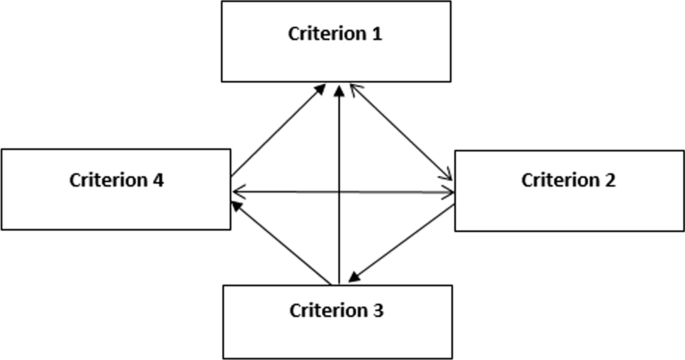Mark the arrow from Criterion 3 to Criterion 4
point(280,241)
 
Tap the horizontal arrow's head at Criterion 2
point(447,192)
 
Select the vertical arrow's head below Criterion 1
point(340,91)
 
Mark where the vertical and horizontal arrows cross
point(340,191)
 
